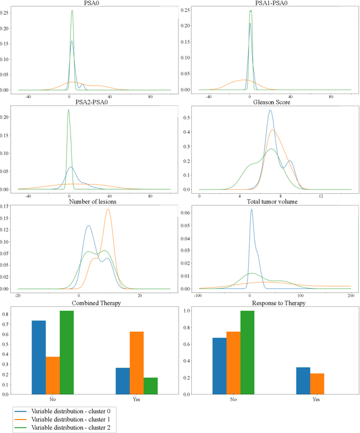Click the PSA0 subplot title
pyautogui.click(x=93, y=3)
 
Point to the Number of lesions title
pyautogui.click(x=93, y=201)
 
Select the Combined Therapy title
pyautogui.click(x=93, y=303)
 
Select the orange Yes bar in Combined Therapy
pyautogui.click(x=136, y=363)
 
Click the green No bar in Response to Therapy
pyautogui.click(x=247, y=352)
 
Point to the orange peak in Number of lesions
pyautogui.click(x=108, y=209)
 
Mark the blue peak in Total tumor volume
pyautogui.click(x=251, y=210)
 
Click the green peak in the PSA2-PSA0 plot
pyautogui.click(x=69, y=110)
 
